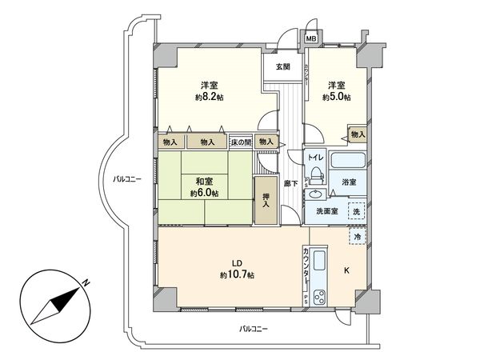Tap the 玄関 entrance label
283,66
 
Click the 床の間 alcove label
241,142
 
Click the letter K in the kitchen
346,271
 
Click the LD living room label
237,263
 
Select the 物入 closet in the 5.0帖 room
358,134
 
